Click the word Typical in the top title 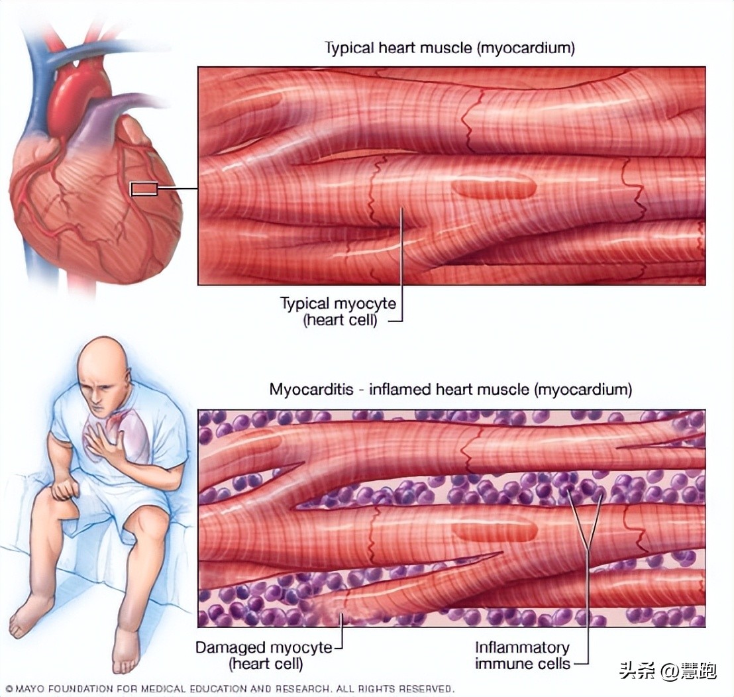point(347,48)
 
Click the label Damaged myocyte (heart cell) point(267,655)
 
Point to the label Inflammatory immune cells point(523,655)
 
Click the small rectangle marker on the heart point(144,189)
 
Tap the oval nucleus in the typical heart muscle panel point(494,188)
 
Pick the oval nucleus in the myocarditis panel point(496,529)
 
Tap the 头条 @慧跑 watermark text point(668,671)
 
